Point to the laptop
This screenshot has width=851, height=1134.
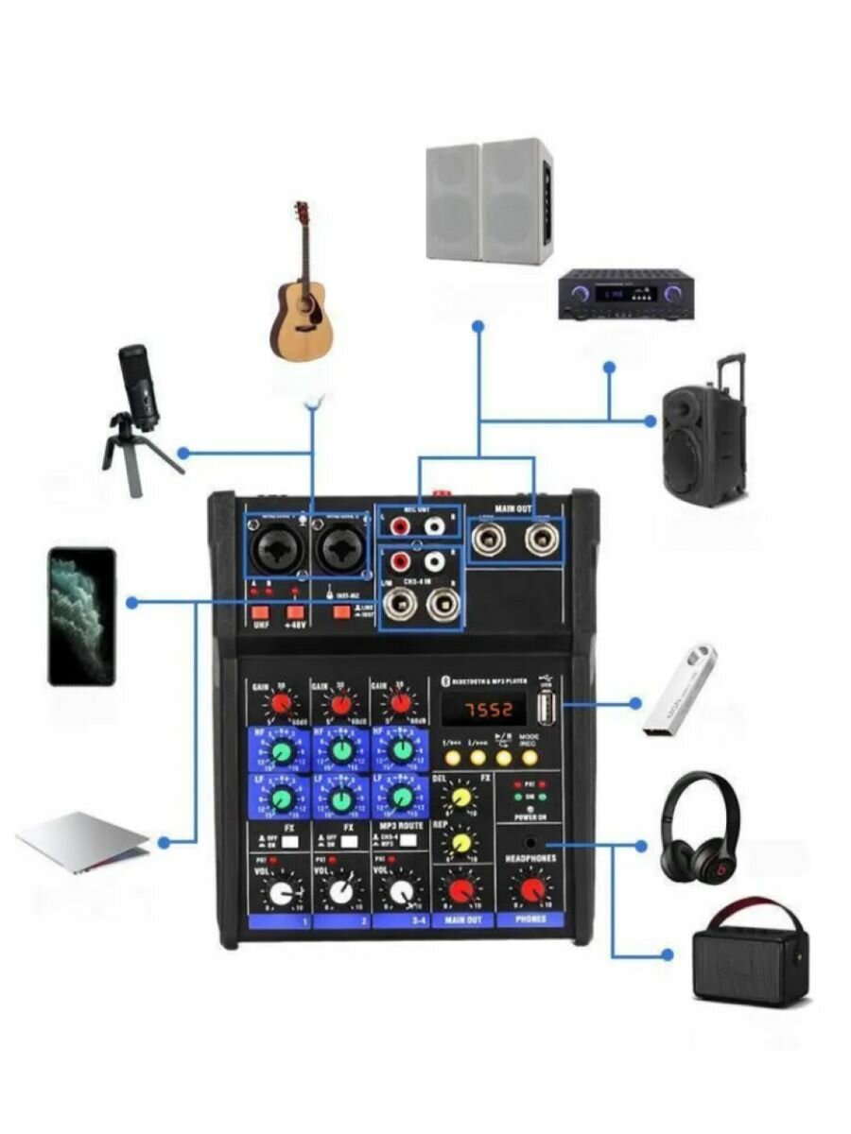point(83,841)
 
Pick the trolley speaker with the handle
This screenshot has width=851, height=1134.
point(705,435)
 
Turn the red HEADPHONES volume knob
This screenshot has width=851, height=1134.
point(532,889)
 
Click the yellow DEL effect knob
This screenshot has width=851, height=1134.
point(461,797)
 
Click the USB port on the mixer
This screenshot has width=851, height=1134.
point(546,707)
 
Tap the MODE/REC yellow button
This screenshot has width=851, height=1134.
point(529,757)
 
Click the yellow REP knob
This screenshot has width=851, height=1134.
point(461,842)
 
